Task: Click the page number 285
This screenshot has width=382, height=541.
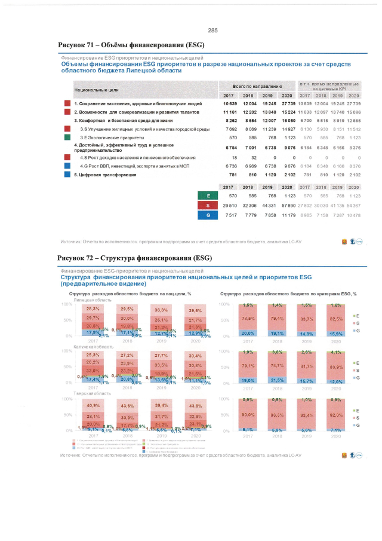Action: [x=213, y=30]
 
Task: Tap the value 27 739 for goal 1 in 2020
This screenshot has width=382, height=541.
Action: [x=286, y=103]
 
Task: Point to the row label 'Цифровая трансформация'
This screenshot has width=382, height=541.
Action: [x=106, y=175]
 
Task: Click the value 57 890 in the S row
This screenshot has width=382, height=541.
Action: [x=286, y=205]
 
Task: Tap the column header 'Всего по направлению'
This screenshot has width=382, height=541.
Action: [x=257, y=87]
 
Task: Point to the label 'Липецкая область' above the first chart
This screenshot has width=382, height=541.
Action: [x=88, y=299]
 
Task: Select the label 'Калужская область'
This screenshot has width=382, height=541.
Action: [x=88, y=347]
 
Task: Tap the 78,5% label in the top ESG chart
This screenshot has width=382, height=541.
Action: [x=249, y=318]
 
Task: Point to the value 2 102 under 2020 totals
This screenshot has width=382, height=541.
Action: [x=286, y=175]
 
